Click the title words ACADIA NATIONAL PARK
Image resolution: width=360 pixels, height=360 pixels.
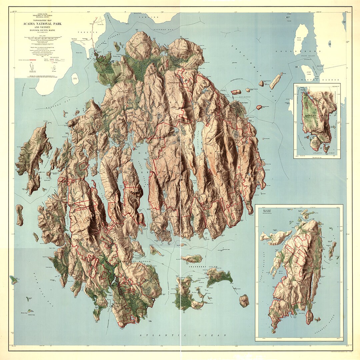pyautogui.click(x=41, y=24)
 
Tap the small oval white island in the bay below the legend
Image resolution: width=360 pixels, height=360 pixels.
pyautogui.click(x=75, y=79)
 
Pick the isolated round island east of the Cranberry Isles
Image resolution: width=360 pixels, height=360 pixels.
pyautogui.click(x=244, y=300)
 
